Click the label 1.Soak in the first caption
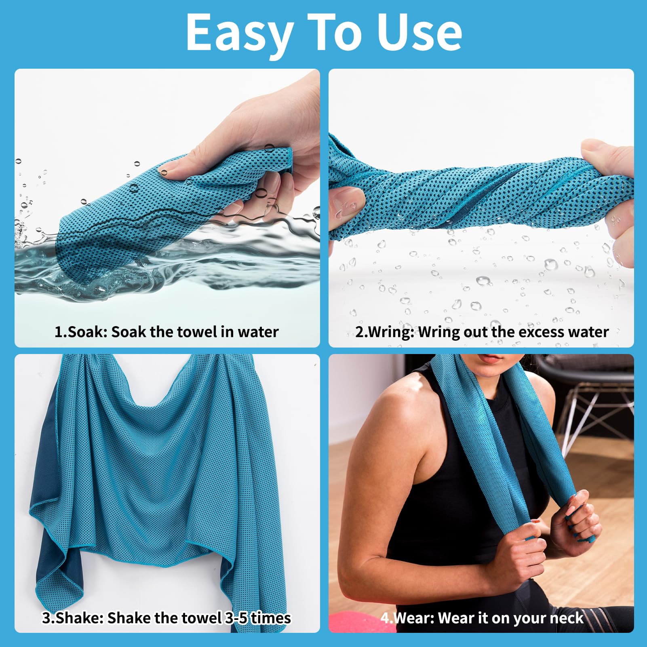click(81, 332)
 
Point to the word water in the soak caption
click(258, 332)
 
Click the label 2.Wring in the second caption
click(385, 332)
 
